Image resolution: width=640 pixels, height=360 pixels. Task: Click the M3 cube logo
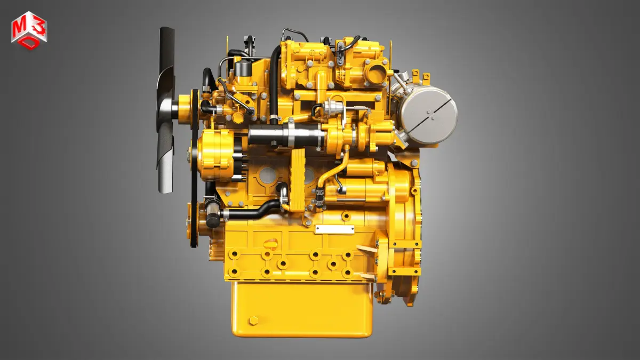pos(29,30)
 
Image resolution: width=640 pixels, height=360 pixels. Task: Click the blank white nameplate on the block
pos(334,229)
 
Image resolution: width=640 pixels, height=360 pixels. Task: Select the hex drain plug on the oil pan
pos(253,321)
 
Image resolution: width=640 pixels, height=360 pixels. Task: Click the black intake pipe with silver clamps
pos(286,135)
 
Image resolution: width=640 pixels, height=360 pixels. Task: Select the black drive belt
pos(195,169)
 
